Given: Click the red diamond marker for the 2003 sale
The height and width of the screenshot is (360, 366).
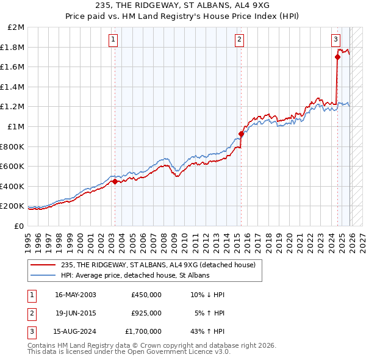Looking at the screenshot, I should (x=115, y=181).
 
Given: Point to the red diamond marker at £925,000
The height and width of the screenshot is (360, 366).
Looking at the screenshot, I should (x=241, y=134).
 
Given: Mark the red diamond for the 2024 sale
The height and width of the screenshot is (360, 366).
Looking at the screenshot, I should (x=337, y=57).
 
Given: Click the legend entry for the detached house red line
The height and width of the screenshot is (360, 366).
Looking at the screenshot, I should (x=162, y=264).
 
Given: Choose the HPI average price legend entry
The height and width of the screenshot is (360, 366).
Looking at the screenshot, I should (x=135, y=275).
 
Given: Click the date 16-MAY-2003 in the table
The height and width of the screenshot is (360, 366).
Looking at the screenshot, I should (x=76, y=295).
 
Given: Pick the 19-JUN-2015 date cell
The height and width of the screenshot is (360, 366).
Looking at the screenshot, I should (x=76, y=313).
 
